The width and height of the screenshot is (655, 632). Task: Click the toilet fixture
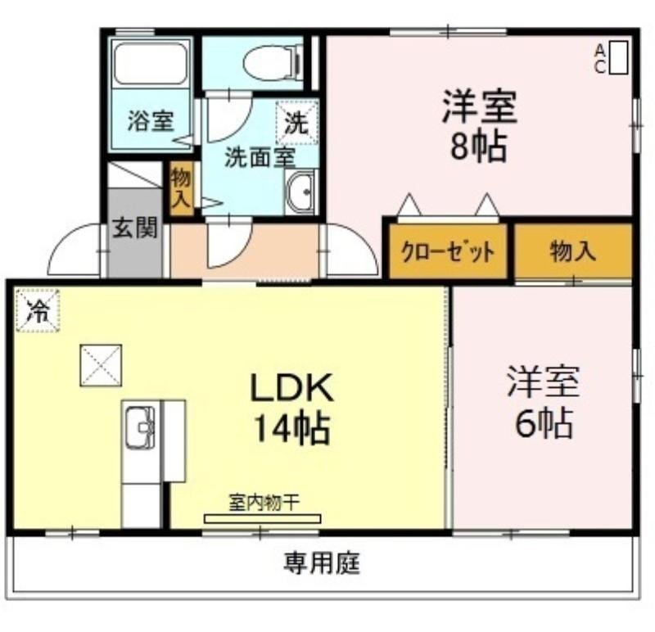[x=272, y=62]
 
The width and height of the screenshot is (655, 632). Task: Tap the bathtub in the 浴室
[x=150, y=63]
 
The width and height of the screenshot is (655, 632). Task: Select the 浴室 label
[x=150, y=122]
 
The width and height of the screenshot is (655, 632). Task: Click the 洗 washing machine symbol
[x=296, y=122]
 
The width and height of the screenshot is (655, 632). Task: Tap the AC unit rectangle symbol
[x=619, y=57]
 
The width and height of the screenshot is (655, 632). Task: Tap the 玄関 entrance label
[x=134, y=228]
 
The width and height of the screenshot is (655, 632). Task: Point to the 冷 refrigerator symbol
[x=37, y=311]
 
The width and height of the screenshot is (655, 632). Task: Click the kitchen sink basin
[x=140, y=427]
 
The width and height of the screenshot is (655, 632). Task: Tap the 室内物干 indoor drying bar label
[x=263, y=503]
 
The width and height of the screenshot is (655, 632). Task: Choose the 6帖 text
[x=543, y=423]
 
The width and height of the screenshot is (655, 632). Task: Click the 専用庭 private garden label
[x=322, y=563]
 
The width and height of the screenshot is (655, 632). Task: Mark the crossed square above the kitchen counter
[x=101, y=365]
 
